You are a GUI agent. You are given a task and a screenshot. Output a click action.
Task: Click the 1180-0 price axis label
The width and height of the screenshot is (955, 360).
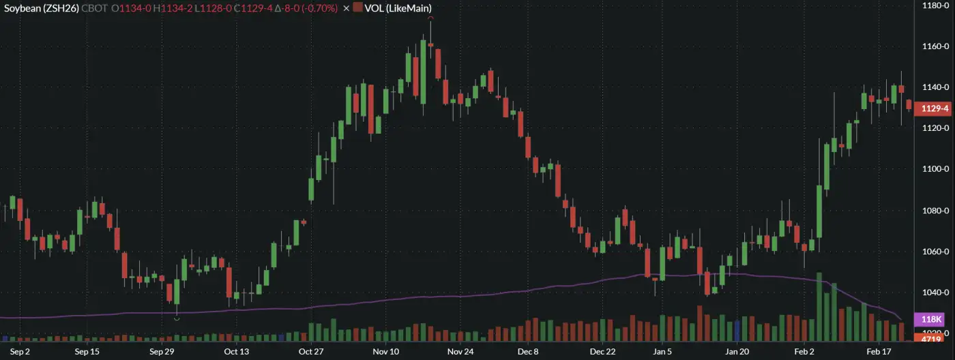(935, 5)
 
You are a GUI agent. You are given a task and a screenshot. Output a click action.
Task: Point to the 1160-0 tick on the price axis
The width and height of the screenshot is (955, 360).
(935, 46)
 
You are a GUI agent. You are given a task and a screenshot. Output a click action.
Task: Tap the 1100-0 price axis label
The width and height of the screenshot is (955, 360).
(935, 169)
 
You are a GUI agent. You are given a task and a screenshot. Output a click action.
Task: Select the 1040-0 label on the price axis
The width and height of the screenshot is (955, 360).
(935, 292)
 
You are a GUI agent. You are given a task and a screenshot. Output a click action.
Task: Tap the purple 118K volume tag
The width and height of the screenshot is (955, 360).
(931, 319)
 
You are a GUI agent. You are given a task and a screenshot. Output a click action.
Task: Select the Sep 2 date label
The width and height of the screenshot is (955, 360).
(20, 352)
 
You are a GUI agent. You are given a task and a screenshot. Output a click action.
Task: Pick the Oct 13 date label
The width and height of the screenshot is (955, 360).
(236, 352)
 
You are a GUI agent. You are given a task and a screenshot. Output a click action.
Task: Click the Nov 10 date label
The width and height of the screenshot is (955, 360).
(385, 352)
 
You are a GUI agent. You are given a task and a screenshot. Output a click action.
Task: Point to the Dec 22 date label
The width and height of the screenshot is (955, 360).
(602, 352)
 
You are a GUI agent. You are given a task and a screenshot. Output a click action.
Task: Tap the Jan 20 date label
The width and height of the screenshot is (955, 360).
(737, 352)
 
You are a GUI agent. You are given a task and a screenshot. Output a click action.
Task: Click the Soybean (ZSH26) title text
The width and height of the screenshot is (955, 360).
(42, 7)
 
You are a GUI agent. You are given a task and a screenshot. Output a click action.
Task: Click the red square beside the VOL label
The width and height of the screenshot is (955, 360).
(358, 7)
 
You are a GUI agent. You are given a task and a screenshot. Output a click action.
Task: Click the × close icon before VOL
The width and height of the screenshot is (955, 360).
(346, 7)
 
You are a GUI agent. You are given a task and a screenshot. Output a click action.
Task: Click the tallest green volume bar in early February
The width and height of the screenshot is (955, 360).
(819, 307)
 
